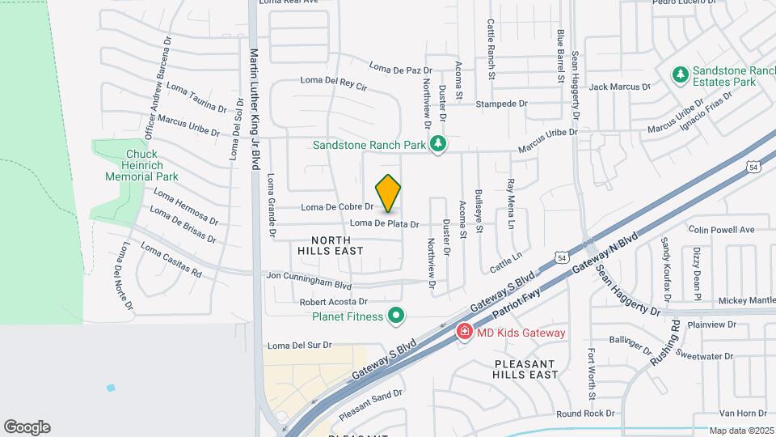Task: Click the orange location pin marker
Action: [389, 192]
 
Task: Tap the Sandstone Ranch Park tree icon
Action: [439, 144]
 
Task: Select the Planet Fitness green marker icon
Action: [395, 316]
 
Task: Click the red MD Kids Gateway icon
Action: [464, 332]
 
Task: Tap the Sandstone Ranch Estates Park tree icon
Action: [681, 75]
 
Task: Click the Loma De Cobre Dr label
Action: [337, 207]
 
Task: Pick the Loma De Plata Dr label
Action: [385, 223]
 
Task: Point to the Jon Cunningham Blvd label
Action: [310, 280]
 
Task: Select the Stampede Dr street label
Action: [501, 104]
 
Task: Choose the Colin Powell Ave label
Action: [721, 230]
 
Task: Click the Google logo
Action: [27, 427]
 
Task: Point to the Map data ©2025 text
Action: [741, 431]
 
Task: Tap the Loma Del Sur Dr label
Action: [299, 345]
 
